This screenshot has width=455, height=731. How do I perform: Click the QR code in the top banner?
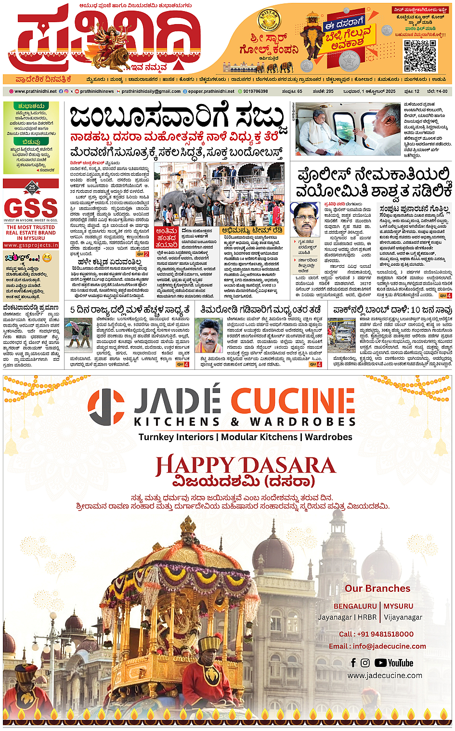click(x=420, y=56)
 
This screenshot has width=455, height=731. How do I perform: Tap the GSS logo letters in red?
click(x=31, y=209)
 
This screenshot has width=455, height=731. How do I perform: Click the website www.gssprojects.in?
click(x=31, y=245)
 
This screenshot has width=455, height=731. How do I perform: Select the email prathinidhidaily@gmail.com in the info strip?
click(x=151, y=91)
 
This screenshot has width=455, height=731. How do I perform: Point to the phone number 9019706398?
click(x=255, y=91)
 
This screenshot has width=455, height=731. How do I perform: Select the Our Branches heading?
click(x=377, y=588)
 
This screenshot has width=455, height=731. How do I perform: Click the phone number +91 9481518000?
click(x=376, y=634)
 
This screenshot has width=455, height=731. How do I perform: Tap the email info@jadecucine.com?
click(x=377, y=646)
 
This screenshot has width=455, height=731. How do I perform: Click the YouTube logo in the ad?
click(x=394, y=663)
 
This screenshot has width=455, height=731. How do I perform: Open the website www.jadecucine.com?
click(x=385, y=676)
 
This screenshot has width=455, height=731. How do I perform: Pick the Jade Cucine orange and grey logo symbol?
click(x=106, y=407)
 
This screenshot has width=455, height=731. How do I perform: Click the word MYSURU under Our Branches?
click(x=399, y=606)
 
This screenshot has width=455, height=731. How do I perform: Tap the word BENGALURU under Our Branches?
click(x=355, y=606)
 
